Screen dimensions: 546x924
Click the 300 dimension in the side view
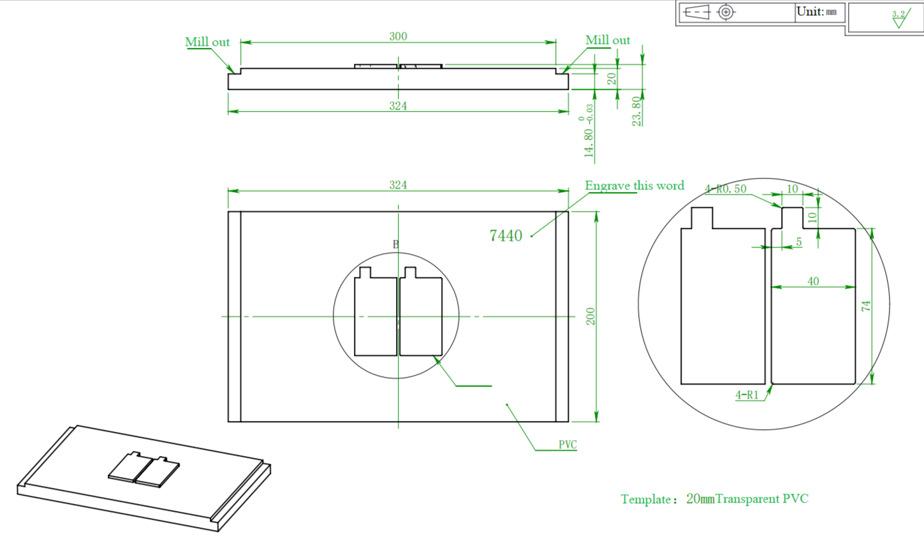click(398, 36)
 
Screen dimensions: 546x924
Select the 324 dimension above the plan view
click(398, 185)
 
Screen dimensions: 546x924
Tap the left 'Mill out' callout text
click(207, 42)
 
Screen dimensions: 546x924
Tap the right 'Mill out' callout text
click(608, 40)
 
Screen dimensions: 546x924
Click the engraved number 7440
click(506, 236)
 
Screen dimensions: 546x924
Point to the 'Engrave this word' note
click(634, 186)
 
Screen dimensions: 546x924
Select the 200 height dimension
click(590, 316)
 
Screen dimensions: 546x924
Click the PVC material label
click(568, 445)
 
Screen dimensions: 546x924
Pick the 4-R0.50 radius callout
click(726, 189)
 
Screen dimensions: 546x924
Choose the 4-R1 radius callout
click(747, 395)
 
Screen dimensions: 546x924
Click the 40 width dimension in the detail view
click(813, 281)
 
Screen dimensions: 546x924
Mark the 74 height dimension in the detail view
click(866, 306)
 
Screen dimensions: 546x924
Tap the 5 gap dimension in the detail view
click(799, 242)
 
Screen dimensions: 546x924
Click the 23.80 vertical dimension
click(636, 111)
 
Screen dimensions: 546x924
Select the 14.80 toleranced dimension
click(589, 134)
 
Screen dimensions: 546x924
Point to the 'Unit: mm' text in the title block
click(817, 11)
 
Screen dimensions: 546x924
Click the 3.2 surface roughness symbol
click(899, 18)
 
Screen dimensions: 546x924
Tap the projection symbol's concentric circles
click(726, 12)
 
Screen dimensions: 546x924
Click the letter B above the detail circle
click(395, 244)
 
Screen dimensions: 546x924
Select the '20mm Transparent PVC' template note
click(714, 499)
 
